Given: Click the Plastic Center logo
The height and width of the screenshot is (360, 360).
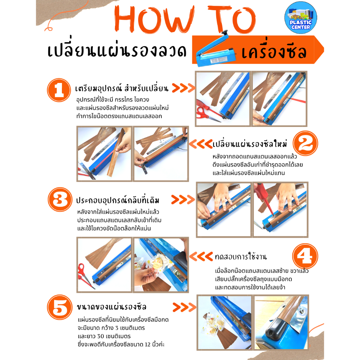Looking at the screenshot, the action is tap(301, 18).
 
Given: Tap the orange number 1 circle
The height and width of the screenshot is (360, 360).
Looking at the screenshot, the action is tap(59, 90).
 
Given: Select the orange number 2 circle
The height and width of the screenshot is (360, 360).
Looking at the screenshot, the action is tap(306, 143).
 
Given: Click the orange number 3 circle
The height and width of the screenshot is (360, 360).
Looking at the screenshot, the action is tap(60, 199).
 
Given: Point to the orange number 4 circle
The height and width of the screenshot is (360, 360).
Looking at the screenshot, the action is tap(305, 256).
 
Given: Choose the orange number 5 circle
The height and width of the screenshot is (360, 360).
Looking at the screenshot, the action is tap(60, 307).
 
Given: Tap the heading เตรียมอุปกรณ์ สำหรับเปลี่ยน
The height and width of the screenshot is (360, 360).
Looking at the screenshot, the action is tap(122, 88).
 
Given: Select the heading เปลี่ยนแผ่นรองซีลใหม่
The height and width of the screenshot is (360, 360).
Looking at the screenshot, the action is tap(250, 144).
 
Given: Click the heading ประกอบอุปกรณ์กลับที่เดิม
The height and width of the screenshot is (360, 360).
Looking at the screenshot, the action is tap(117, 200).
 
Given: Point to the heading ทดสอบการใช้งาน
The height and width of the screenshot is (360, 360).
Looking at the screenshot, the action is tap(241, 256).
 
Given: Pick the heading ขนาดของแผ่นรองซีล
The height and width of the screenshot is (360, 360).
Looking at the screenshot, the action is tap(111, 307).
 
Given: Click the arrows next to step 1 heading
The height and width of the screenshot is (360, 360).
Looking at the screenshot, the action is tap(183, 88).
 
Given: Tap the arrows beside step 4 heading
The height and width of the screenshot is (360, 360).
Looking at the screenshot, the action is tap(201, 256).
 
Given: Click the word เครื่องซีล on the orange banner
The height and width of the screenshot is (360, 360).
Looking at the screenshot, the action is tap(274, 51).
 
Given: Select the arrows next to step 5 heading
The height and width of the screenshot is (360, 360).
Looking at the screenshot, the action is tap(184, 307).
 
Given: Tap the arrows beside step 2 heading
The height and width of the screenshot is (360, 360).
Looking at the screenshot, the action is tap(201, 144).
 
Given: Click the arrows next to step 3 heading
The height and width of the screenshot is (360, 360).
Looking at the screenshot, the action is tap(183, 200).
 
